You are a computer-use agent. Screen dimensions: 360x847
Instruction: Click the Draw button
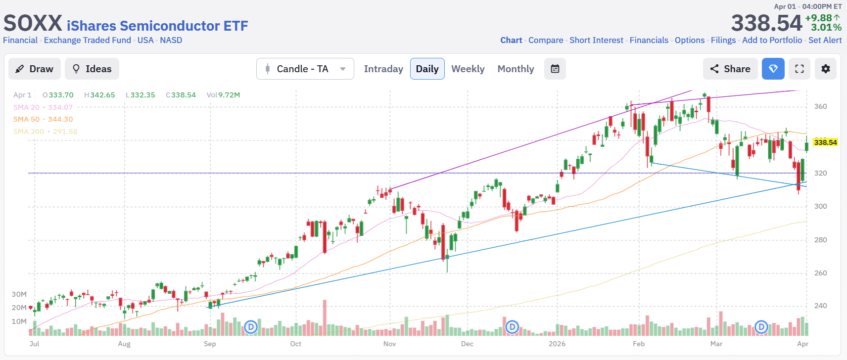click(34, 69)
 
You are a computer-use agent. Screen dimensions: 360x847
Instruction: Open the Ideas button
click(92, 69)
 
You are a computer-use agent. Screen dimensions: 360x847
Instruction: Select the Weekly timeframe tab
click(468, 69)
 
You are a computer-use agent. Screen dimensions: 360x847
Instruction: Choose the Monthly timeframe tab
click(516, 69)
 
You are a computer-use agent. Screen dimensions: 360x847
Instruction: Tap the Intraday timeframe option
click(383, 69)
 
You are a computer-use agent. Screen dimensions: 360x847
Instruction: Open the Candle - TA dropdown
click(305, 69)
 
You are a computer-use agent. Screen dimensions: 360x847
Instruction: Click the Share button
click(730, 69)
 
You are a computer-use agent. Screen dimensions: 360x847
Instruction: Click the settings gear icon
click(825, 69)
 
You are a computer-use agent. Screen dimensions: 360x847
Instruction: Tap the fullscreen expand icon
click(800, 69)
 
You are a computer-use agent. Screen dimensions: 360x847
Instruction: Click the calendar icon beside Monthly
click(555, 69)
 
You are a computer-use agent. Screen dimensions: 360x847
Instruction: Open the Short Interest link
click(596, 40)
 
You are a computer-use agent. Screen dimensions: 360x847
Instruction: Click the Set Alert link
click(825, 40)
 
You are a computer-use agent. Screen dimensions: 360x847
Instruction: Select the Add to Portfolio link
click(772, 40)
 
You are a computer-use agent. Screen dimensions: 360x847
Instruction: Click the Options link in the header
click(689, 40)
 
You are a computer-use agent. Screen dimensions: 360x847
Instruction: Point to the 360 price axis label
click(820, 106)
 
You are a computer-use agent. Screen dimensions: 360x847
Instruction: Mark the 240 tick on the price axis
click(820, 306)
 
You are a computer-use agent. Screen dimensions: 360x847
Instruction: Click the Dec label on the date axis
click(467, 344)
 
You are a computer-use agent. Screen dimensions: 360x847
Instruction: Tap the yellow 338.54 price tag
click(825, 142)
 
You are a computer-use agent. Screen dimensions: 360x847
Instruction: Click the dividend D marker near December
click(513, 326)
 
